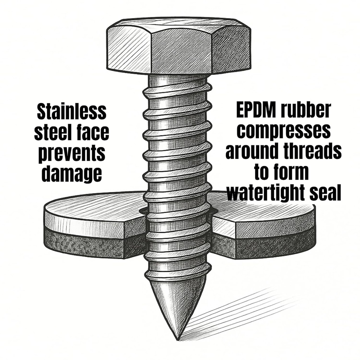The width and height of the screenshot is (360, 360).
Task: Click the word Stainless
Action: (x=72, y=112)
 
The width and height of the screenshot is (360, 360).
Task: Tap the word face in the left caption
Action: (x=93, y=133)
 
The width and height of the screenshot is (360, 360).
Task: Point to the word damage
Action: (x=72, y=174)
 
